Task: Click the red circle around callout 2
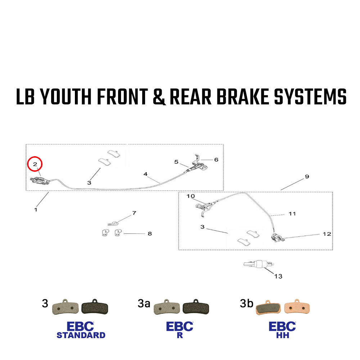tap(35, 164)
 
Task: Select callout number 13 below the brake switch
tap(278, 276)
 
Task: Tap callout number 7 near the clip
tap(134, 213)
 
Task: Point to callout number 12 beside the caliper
tap(327, 234)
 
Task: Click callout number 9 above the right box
tap(307, 176)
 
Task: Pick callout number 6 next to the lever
tap(216, 159)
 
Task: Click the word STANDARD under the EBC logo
tap(81, 335)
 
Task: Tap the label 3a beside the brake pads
tap(144, 303)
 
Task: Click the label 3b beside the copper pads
tap(246, 303)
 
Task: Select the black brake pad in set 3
tap(95, 307)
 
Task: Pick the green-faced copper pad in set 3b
tap(267, 308)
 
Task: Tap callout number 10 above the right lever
tap(190, 196)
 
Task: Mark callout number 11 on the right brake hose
tap(292, 214)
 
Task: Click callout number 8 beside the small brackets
tap(149, 234)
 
